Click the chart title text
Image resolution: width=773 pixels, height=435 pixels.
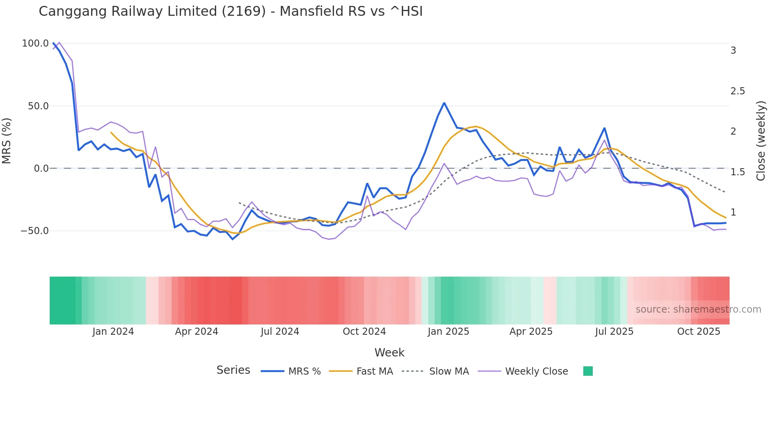pos(231,11)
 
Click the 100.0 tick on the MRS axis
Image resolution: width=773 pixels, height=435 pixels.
pos(35,43)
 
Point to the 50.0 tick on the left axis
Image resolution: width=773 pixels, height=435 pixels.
pos(38,106)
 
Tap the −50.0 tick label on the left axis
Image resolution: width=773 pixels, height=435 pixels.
pos(35,231)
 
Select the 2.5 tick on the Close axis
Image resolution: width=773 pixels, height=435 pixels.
pos(738,91)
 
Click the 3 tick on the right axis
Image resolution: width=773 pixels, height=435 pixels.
pos(733,51)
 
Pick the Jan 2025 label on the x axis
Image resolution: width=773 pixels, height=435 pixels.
pos(448,332)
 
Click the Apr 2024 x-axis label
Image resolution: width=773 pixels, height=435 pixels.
pos(196,332)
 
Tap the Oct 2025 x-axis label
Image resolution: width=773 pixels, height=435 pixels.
pos(698,332)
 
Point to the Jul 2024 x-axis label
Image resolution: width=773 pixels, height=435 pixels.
pos(280,332)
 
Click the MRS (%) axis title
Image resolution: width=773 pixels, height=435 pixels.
pos(7,141)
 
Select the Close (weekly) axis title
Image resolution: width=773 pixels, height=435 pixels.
pos(761,141)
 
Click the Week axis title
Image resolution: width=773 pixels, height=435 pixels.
pos(389,352)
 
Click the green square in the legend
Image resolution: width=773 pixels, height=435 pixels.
pos(588,371)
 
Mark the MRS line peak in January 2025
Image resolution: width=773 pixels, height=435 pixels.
pos(444,103)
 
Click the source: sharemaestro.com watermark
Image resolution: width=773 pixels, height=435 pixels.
pos(698,309)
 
